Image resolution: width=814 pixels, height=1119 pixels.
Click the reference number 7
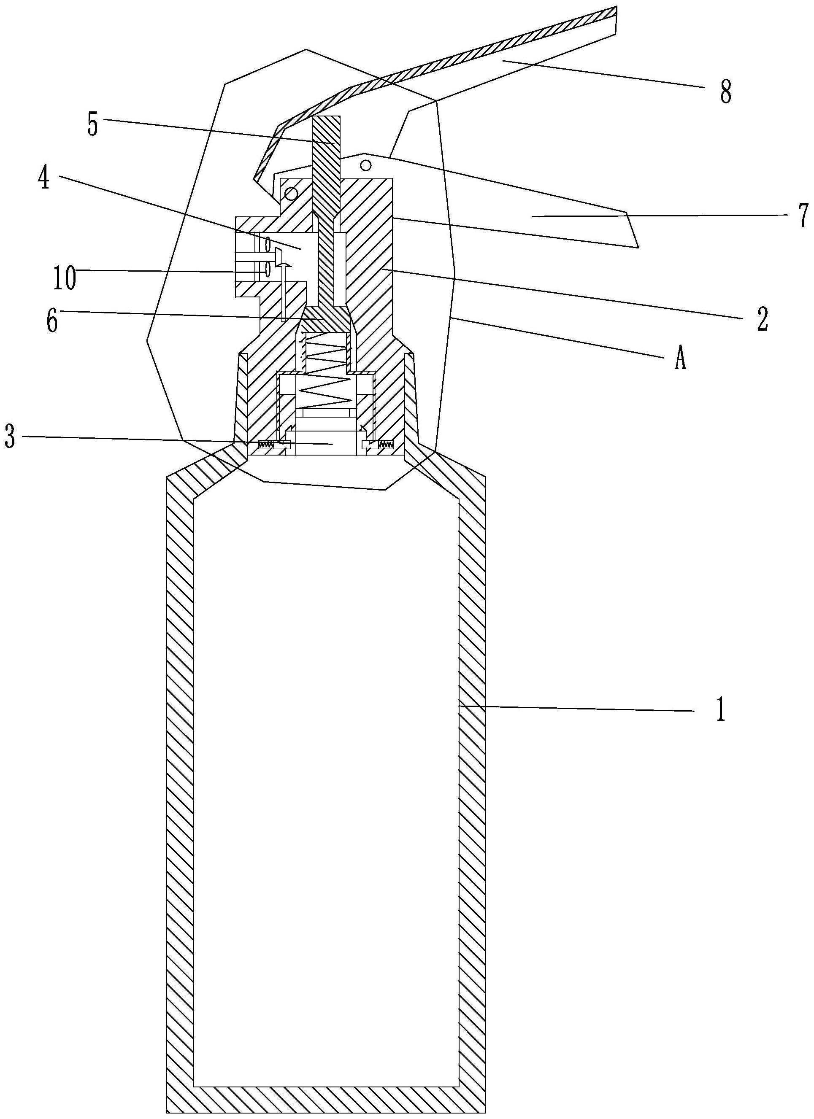coord(803,216)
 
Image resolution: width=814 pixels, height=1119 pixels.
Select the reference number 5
coord(92,124)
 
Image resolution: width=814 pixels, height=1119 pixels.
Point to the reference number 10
coord(65,279)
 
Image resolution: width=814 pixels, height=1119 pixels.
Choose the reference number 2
coord(763,319)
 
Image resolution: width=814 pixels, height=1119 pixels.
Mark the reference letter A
coord(680,360)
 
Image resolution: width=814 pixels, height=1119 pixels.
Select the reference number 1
coord(721,710)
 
